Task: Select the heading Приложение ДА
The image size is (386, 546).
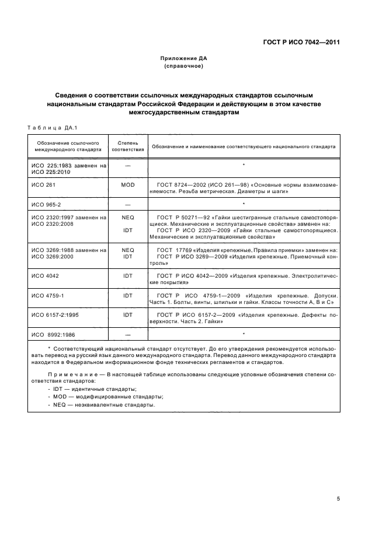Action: click(x=184, y=58)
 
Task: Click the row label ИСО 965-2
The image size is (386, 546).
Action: click(x=46, y=205)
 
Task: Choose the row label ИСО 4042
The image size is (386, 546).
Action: click(x=44, y=275)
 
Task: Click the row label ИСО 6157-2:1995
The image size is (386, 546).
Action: click(x=57, y=314)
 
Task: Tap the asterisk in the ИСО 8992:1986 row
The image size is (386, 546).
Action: click(x=243, y=334)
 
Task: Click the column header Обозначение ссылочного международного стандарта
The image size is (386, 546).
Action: click(x=68, y=146)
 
